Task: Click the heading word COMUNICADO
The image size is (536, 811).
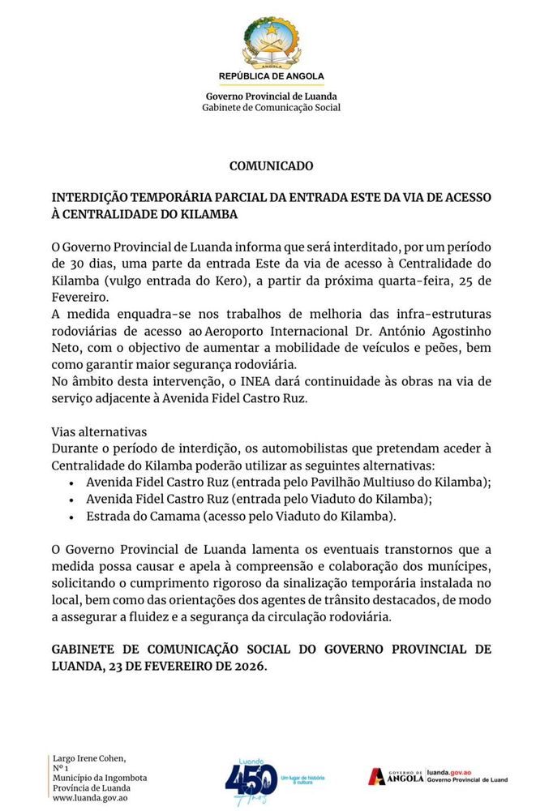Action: (271, 166)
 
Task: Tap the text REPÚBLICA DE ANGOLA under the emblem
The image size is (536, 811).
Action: (271, 76)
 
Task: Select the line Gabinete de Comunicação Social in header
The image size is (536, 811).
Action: (271, 108)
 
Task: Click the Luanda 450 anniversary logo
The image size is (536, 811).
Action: (253, 781)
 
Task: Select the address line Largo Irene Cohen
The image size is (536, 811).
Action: (89, 758)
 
